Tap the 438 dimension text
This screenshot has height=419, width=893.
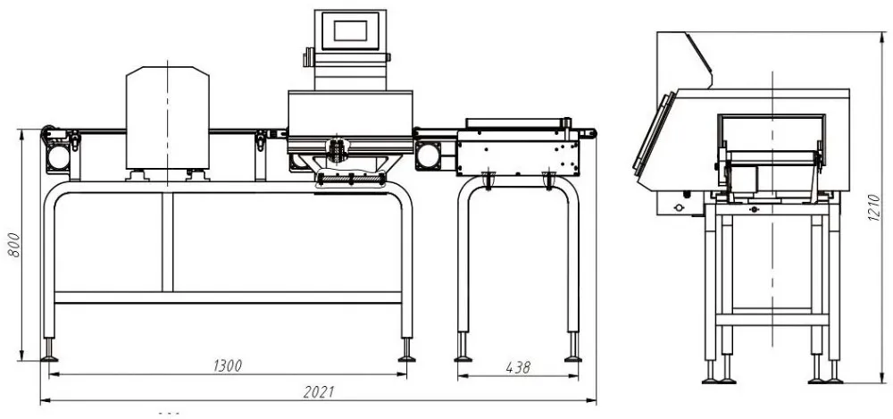[518, 366]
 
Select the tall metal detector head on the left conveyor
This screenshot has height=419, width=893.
[167, 116]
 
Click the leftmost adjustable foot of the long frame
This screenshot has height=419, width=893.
[49, 351]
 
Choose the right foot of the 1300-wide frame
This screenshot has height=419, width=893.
[406, 351]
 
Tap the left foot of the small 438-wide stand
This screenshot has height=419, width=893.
[463, 351]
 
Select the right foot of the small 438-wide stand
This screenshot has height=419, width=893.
[572, 351]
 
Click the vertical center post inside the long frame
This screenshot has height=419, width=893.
[167, 241]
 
